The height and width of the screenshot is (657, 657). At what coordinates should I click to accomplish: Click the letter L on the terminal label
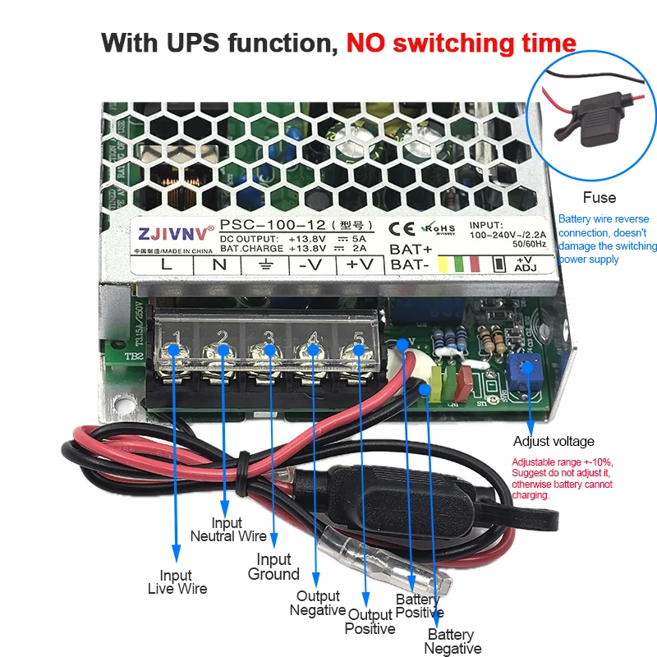tap(166, 264)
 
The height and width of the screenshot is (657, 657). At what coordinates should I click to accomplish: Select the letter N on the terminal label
tap(220, 264)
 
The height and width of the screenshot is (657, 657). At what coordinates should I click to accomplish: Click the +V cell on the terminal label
tap(359, 264)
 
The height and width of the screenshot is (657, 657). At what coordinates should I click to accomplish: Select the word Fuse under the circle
tap(599, 197)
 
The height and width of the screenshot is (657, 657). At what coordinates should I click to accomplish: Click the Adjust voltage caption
tap(553, 441)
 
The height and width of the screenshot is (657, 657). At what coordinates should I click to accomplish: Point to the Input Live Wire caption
tap(177, 581)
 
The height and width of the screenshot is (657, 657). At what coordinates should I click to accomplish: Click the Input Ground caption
tap(273, 567)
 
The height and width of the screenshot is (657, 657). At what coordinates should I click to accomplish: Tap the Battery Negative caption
tap(453, 641)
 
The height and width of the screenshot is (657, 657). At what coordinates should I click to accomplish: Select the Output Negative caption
tap(318, 603)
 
